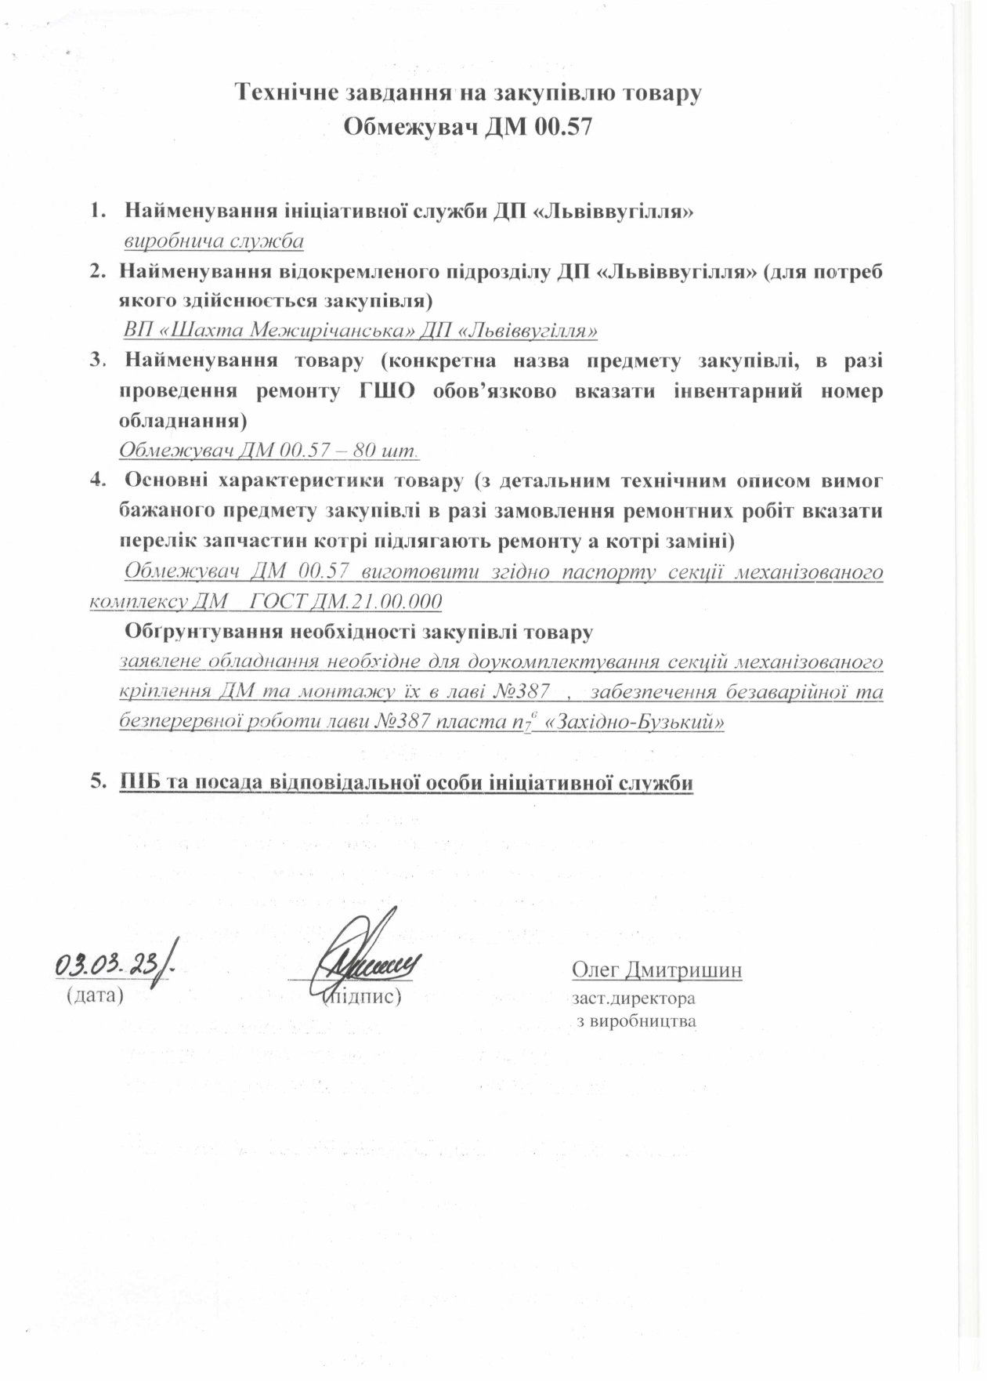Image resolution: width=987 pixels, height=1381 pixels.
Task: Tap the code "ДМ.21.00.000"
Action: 377,602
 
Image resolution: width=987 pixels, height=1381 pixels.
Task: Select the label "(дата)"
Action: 95,997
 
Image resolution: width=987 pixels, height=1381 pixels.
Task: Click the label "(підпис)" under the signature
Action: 363,997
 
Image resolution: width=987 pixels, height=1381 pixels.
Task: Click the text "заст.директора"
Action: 634,999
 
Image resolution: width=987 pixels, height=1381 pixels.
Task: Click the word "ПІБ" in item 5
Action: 139,782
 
